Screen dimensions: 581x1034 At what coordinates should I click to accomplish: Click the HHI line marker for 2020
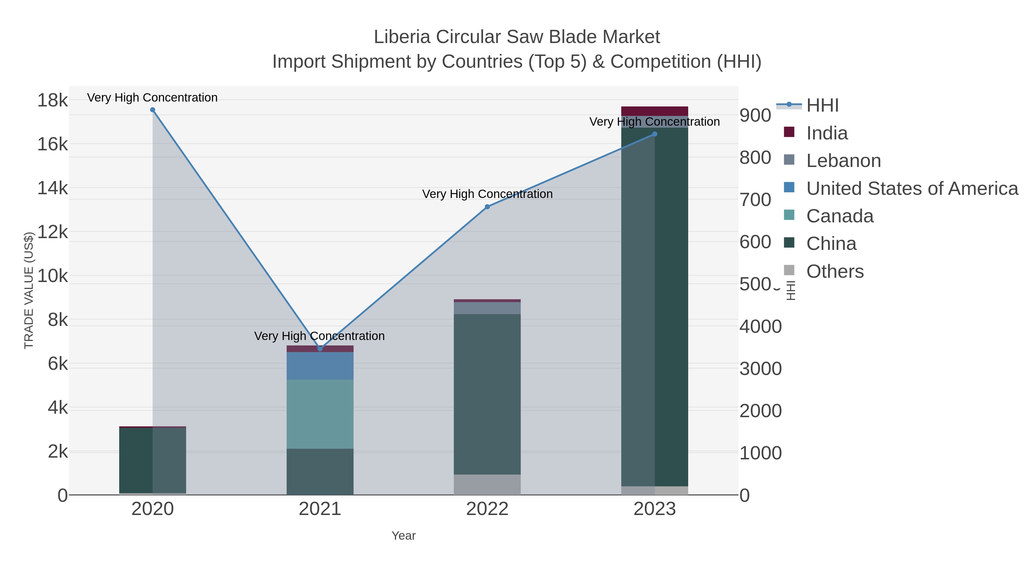153,110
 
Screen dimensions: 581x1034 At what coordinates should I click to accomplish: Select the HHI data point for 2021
320,349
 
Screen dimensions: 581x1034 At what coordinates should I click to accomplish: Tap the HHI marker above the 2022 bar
487,207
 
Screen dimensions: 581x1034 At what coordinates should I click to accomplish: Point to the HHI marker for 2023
655,134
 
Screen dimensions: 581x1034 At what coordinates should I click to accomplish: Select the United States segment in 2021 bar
320,366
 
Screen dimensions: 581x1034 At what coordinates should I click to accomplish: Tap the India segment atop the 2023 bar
655,111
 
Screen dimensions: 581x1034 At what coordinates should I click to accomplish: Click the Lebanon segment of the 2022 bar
487,308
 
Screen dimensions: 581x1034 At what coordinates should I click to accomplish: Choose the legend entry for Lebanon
843,161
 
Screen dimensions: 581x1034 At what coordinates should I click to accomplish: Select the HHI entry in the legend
822,106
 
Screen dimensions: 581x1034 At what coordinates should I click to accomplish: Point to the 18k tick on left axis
53,100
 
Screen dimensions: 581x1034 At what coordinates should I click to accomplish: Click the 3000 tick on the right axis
760,369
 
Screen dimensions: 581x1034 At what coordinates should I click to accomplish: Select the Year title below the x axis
404,536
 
